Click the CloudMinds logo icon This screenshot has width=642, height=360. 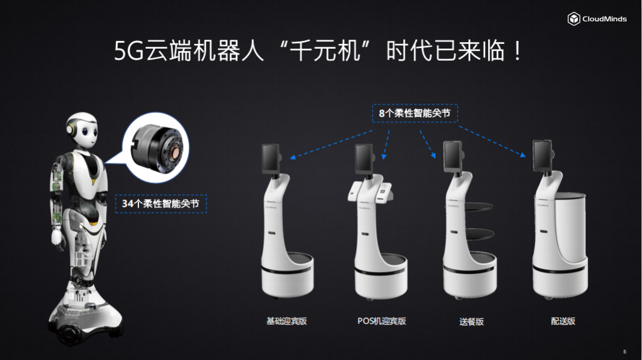(574, 19)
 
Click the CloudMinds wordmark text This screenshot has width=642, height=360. (605, 19)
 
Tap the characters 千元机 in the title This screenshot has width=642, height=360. (325, 51)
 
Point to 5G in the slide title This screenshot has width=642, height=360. (128, 52)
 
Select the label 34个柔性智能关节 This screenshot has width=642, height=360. (161, 204)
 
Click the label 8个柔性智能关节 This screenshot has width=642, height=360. (415, 113)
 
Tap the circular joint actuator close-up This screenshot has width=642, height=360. (156, 147)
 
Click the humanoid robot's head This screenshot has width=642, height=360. (83, 130)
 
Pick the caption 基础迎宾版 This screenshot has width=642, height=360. (287, 321)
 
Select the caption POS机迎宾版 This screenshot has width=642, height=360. (382, 321)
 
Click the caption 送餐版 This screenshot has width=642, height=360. (471, 321)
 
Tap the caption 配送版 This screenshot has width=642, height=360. (563, 321)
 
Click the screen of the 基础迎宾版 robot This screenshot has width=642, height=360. (270, 160)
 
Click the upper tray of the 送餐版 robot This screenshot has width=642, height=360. (474, 207)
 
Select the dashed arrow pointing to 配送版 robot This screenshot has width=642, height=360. (492, 141)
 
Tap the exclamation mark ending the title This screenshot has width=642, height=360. (518, 51)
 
